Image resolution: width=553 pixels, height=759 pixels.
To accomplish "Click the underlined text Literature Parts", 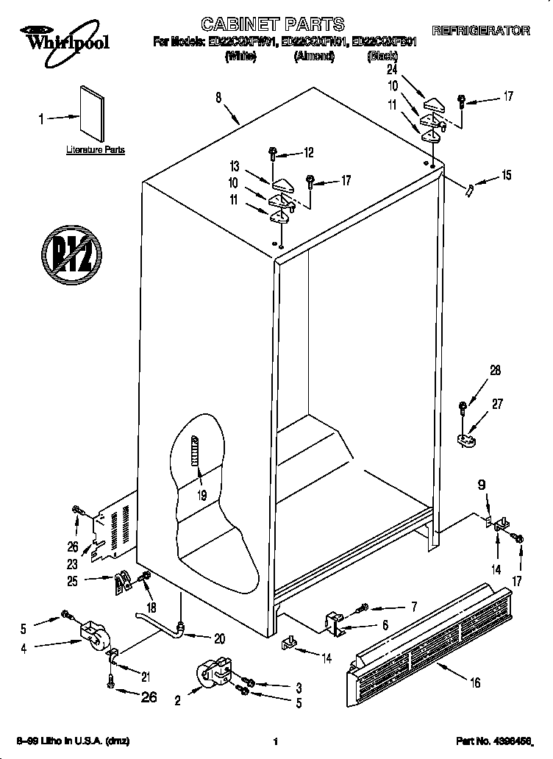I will click(x=96, y=150).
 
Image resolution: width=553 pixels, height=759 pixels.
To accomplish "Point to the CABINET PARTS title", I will click(x=273, y=26).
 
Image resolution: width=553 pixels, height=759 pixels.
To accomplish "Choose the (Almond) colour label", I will click(x=314, y=56).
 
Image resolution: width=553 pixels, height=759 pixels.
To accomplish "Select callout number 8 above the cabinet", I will click(x=218, y=96).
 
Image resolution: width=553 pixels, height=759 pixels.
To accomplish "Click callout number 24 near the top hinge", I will click(x=391, y=70).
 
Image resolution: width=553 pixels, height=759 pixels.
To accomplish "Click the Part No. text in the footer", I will click(x=493, y=741).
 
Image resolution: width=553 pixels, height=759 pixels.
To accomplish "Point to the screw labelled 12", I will click(x=273, y=153).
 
